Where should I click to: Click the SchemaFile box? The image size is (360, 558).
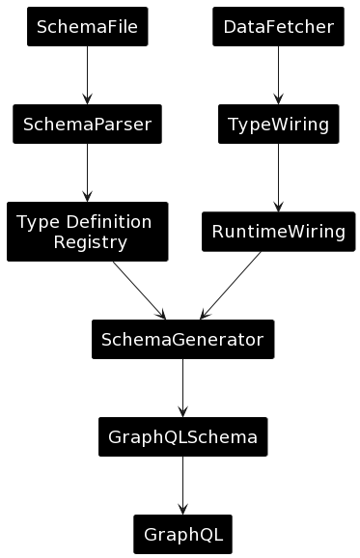tap(87, 27)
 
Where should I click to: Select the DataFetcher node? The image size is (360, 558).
tap(278, 27)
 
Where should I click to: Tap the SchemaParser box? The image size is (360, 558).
tap(87, 124)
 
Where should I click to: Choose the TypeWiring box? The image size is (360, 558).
tap(278, 124)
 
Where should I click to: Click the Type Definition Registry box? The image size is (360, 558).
tap(87, 232)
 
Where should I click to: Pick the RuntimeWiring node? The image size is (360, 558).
tap(278, 232)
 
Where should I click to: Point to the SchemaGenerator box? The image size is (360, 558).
tap(182, 340)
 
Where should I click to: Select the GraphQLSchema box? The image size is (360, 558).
tap(182, 437)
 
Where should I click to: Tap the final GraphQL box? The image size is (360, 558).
tap(182, 534)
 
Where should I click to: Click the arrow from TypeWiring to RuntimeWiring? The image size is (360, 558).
tap(278, 178)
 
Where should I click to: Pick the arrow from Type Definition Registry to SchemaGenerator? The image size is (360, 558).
tap(139, 291)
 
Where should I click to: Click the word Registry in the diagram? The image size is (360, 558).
tap(90, 242)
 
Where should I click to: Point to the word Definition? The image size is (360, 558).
tap(107, 222)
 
